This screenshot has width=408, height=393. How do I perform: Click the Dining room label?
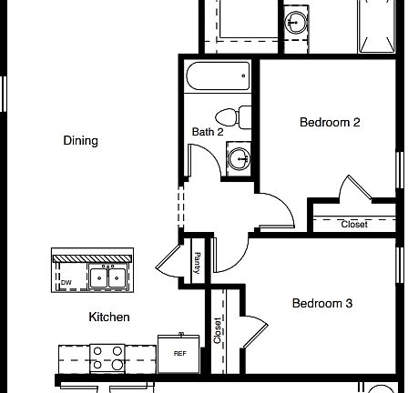point(80,141)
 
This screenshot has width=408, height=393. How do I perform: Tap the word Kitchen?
point(108,317)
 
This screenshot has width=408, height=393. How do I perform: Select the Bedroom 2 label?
point(331,123)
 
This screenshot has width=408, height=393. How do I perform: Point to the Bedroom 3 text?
point(321,304)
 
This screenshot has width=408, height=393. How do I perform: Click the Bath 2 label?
point(207,133)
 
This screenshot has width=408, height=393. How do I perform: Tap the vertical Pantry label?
point(197,264)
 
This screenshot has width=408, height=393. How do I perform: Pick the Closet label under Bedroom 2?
point(354,224)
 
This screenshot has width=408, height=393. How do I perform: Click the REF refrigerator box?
point(179,353)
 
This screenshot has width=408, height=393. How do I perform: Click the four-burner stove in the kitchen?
point(107,358)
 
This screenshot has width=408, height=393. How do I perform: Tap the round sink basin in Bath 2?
point(240,159)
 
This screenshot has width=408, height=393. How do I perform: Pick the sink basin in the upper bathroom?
point(297,22)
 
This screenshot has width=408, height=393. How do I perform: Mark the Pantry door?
point(170,262)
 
